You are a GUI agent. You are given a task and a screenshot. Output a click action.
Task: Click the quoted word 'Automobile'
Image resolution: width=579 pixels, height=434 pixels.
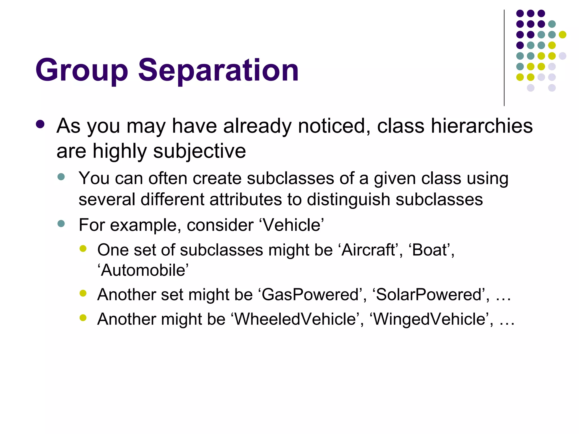(143, 270)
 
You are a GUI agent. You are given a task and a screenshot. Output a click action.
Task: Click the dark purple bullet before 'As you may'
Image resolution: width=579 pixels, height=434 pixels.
(40, 124)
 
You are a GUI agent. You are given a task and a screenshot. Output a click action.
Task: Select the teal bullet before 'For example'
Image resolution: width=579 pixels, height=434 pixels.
(61, 224)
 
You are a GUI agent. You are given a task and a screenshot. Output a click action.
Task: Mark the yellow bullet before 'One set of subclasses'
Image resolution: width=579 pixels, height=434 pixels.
(83, 249)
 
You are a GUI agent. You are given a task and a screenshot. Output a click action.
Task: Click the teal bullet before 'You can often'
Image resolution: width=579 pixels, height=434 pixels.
(61, 177)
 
